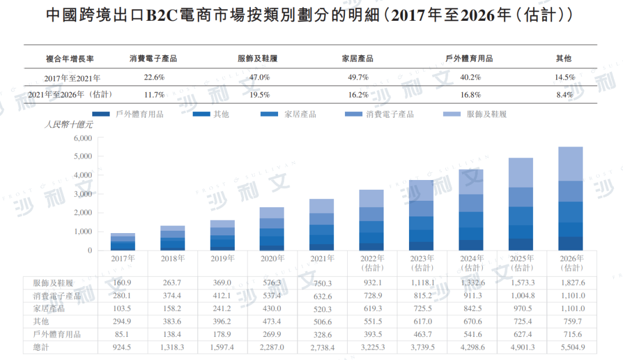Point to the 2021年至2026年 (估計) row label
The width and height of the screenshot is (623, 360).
pos(70,95)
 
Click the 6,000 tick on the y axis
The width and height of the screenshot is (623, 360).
pos(83,138)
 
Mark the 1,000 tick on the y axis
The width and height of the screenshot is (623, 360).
pos(83,232)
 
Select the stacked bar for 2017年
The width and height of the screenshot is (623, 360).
pos(123,242)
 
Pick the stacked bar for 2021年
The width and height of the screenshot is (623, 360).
pos(321,225)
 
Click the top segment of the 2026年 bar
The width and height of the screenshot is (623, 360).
pos(571,164)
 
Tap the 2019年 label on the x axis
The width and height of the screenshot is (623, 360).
pos(222,258)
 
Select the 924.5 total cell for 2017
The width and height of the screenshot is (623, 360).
pos(123,347)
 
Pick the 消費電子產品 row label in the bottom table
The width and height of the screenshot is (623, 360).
pos(57,296)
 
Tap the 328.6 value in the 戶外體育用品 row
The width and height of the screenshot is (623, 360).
pos(322,334)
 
